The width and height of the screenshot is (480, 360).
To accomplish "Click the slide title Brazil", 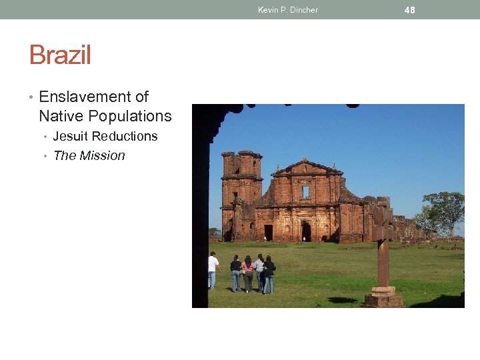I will pos(60,55).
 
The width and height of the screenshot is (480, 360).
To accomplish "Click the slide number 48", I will pos(409,9).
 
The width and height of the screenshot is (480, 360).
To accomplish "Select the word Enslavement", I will pos(84,97).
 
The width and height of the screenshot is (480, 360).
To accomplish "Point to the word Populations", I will pos(130,116).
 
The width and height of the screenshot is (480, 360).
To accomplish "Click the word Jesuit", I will pos(70,136).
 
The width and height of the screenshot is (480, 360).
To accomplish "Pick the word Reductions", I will pos(125,136).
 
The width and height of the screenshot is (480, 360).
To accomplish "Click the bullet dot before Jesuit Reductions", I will pos(46,137).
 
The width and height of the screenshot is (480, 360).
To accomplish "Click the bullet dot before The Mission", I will pos(46,156).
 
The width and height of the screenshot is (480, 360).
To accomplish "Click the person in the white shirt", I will pos(213,269).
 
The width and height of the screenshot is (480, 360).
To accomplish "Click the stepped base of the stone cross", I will pos(383,297).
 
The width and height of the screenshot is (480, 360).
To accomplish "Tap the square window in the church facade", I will pos(306,192).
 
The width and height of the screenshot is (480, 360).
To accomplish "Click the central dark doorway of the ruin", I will pos(306,231).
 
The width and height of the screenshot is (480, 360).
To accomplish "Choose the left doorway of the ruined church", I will pos(268,233).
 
